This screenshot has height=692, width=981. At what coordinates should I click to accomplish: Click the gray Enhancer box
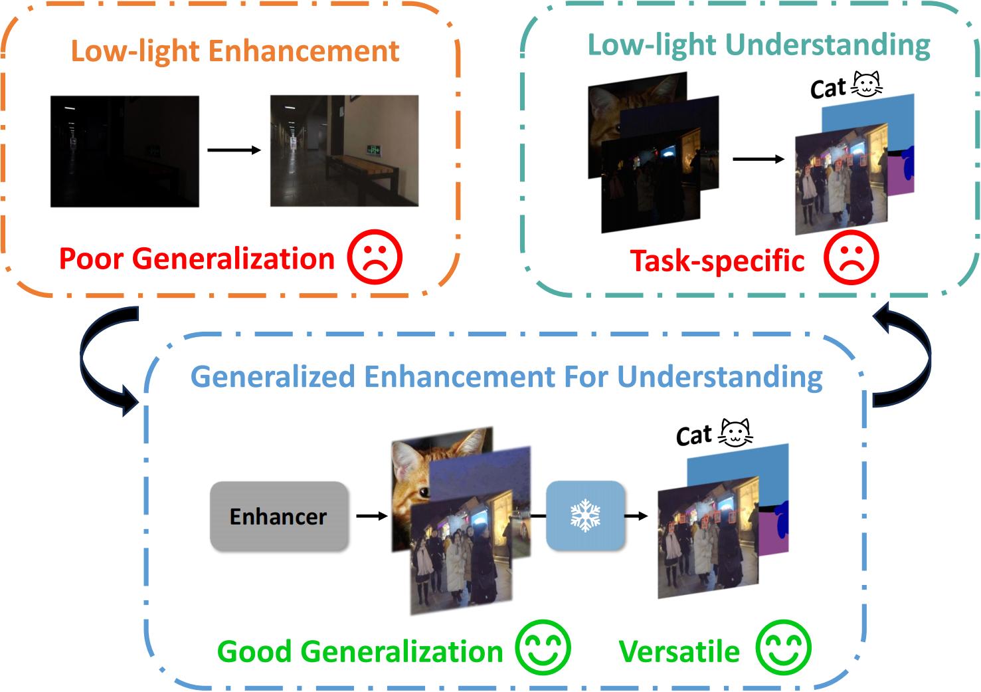tap(279, 517)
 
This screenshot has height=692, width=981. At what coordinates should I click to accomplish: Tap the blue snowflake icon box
tap(585, 516)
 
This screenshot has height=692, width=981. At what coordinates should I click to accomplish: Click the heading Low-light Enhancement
tap(235, 51)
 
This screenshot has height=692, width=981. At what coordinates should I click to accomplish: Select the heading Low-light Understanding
tap(758, 45)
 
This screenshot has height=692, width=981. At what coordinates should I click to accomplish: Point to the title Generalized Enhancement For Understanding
tap(506, 376)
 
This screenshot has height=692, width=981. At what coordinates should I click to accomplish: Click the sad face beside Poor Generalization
tap(375, 257)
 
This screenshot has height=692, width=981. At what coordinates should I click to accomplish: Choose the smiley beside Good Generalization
tap(543, 648)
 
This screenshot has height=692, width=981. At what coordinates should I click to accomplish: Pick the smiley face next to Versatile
tap(784, 648)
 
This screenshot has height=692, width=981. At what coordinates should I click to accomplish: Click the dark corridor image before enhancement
tap(125, 151)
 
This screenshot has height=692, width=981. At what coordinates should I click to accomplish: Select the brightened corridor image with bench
tap(344, 151)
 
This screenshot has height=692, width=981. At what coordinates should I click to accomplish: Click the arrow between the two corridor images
tap(234, 150)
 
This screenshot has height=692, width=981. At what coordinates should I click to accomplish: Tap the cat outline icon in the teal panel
tap(866, 84)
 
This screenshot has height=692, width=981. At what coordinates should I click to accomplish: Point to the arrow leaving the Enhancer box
tap(372, 516)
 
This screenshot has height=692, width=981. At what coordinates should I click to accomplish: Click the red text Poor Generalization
tap(197, 259)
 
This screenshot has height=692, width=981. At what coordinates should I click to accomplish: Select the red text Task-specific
tap(717, 261)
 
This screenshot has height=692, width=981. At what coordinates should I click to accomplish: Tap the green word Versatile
tap(679, 651)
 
